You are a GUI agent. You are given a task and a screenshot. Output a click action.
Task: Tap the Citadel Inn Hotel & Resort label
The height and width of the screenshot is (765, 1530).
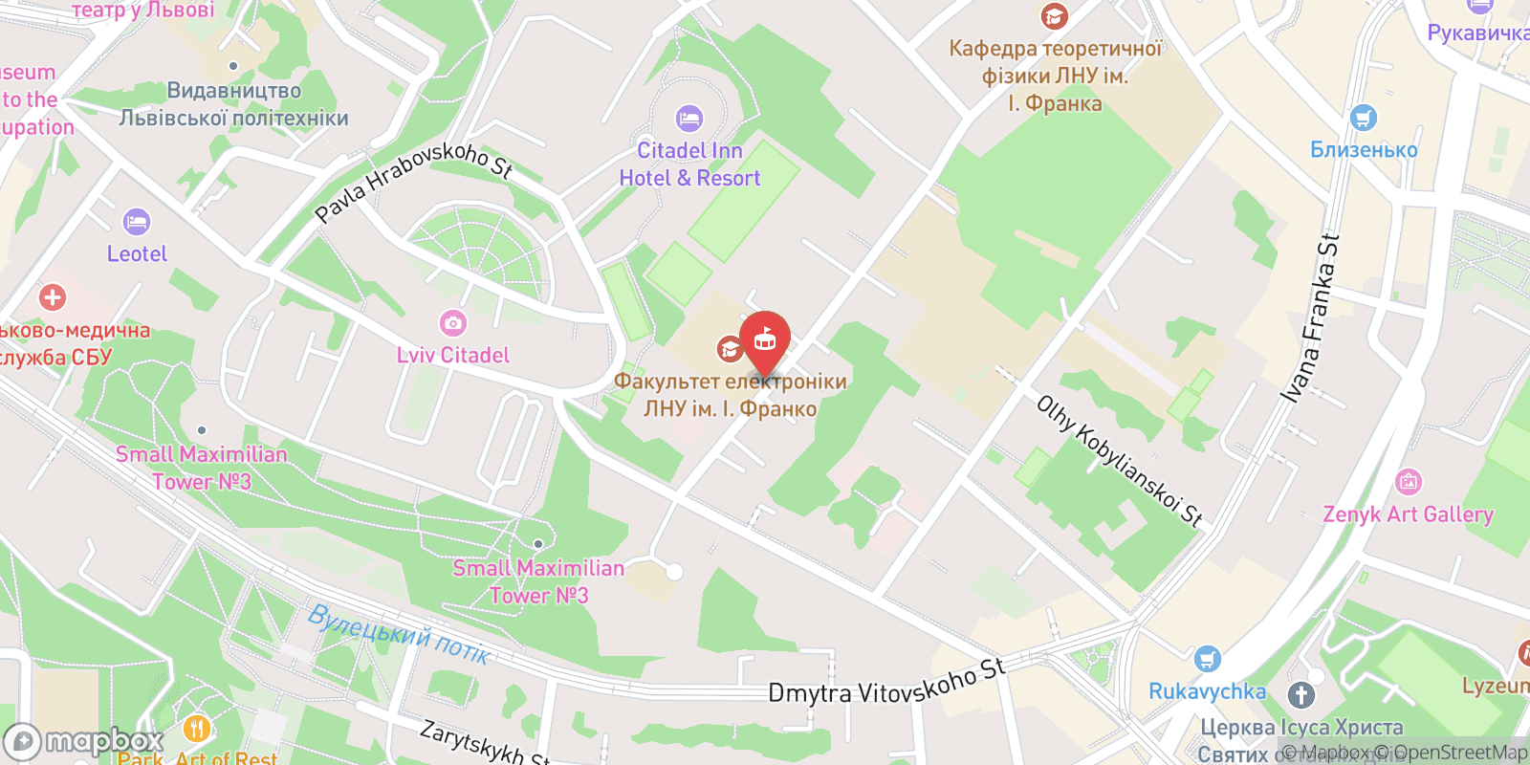(689, 164)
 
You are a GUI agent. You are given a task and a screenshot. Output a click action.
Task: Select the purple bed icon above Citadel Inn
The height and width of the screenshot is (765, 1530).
(689, 119)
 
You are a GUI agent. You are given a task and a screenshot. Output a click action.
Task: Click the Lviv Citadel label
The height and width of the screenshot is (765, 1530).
(453, 355)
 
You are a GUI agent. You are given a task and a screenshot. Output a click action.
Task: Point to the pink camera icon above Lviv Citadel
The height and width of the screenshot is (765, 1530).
(452, 323)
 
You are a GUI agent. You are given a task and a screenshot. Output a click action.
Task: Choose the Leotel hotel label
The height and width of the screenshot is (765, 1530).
(137, 253)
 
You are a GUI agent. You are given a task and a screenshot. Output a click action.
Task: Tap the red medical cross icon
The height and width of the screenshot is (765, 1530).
(53, 297)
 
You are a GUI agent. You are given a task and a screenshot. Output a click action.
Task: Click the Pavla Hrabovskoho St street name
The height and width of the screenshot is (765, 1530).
(413, 181)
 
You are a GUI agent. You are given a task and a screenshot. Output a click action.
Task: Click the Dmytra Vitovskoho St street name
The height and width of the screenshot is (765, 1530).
(887, 682)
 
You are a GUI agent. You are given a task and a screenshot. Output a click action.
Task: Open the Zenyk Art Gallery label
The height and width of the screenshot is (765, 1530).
(1408, 514)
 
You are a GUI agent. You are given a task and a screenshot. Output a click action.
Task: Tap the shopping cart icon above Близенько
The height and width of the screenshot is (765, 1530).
(1364, 119)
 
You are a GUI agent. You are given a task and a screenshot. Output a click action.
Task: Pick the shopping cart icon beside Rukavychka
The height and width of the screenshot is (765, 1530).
(1208, 659)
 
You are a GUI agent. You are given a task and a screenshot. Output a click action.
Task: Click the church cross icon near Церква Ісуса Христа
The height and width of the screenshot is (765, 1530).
(1301, 695)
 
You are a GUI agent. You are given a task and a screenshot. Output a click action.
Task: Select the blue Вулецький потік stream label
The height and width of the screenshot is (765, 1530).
(399, 634)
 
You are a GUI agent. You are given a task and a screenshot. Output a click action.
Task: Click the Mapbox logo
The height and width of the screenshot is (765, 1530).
(84, 741)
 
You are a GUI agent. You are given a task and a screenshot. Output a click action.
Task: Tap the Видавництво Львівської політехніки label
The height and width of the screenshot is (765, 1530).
(234, 104)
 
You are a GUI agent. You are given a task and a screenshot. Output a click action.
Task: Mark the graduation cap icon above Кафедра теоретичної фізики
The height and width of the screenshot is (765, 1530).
(1054, 16)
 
